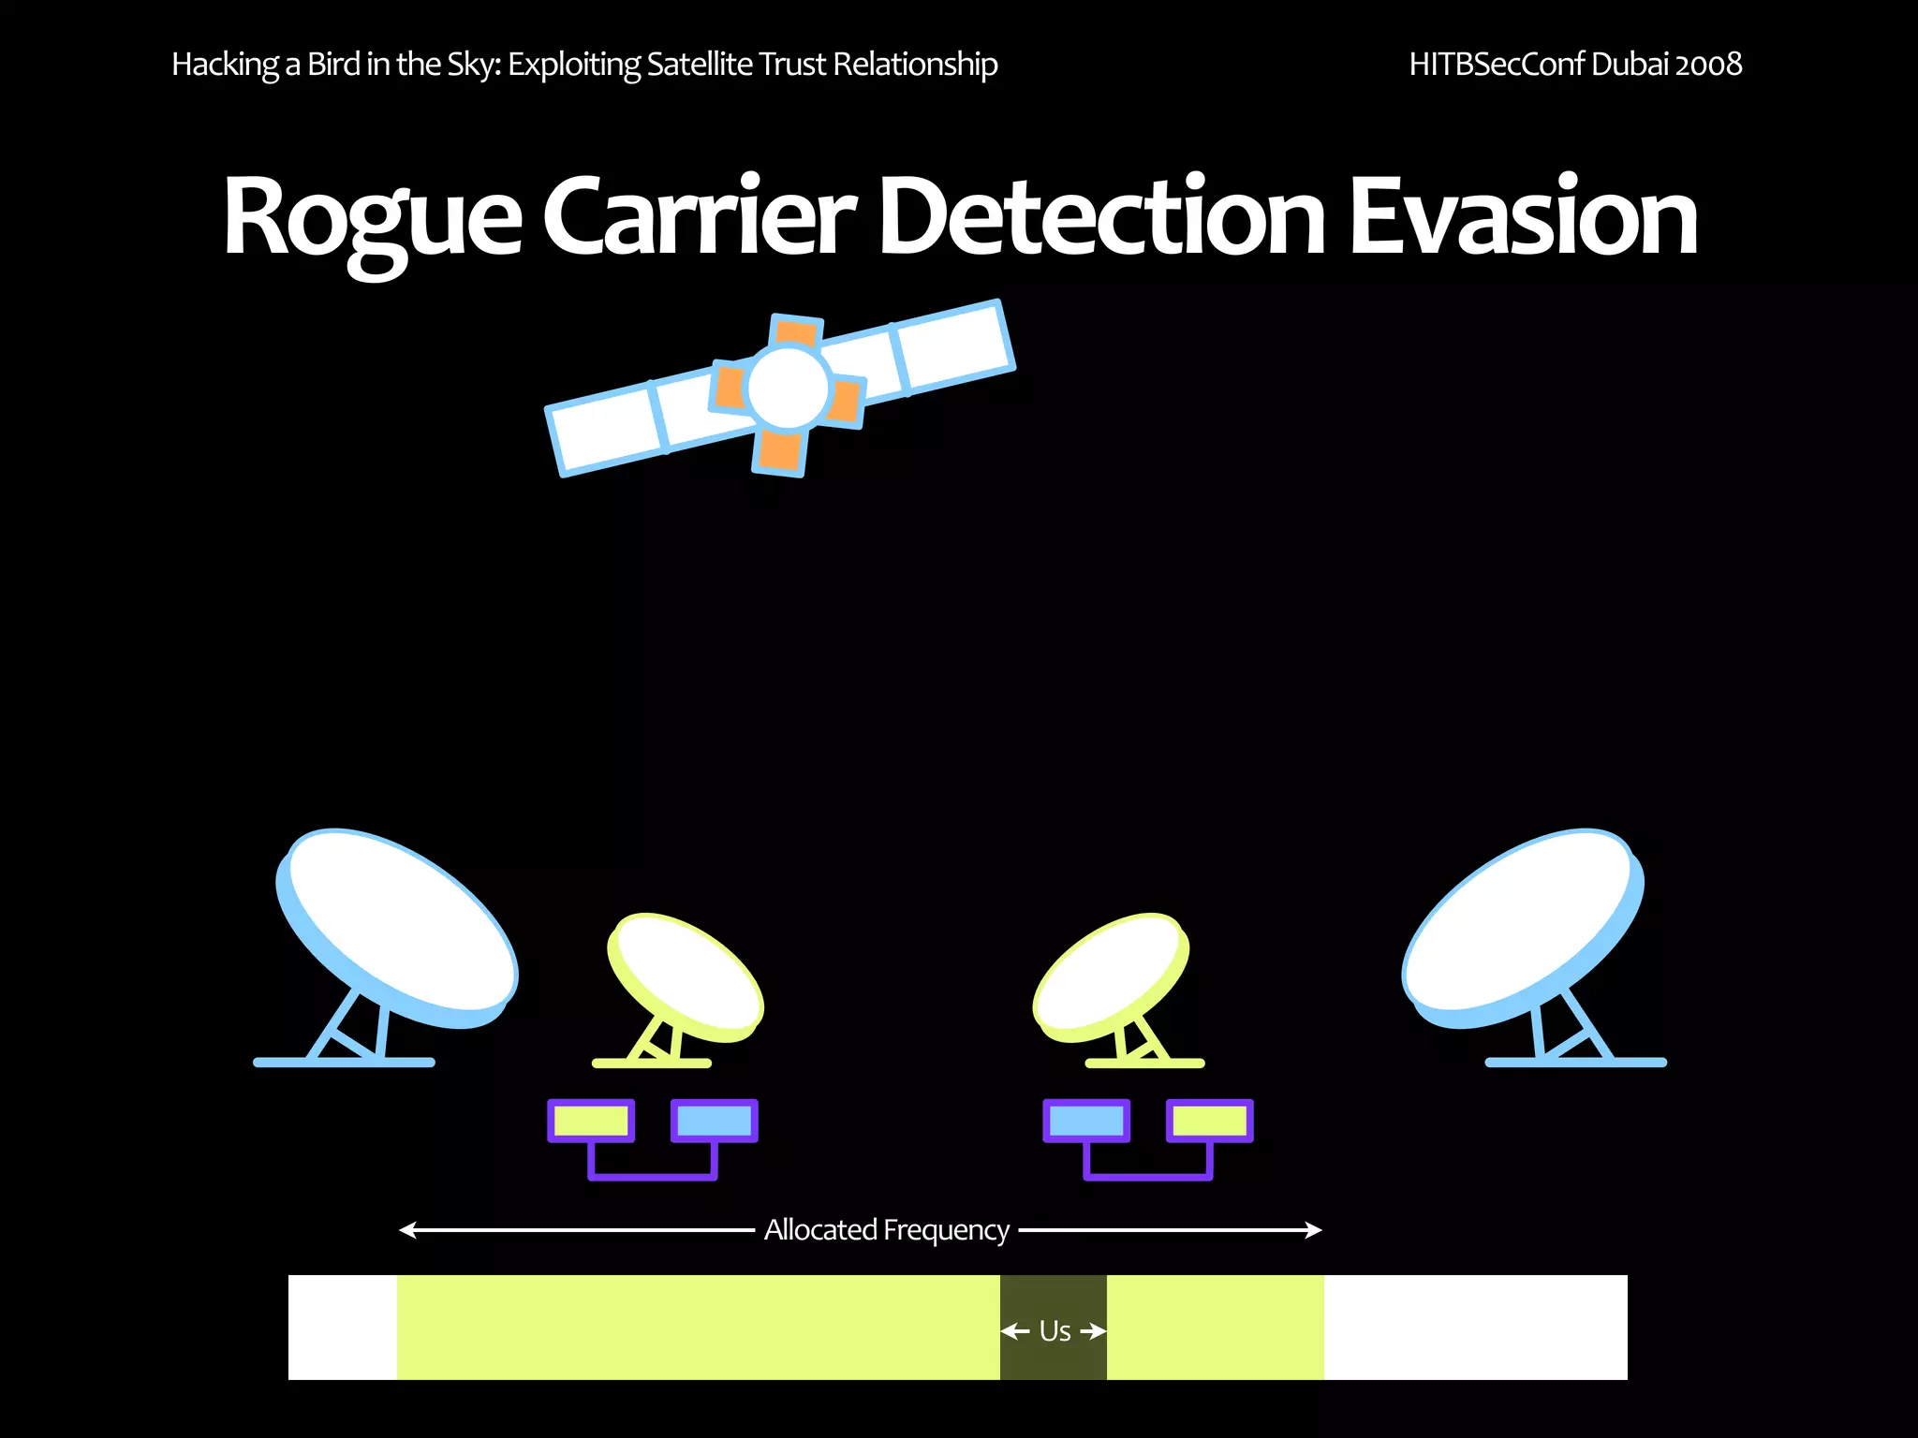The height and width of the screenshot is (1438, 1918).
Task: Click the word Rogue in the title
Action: pyautogui.click(x=372, y=217)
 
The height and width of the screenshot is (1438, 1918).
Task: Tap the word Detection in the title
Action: pyautogui.click(x=1101, y=217)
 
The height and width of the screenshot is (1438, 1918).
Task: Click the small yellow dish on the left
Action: pyautogui.click(x=686, y=976)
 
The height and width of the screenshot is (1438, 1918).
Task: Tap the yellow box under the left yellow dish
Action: pyautogui.click(x=591, y=1121)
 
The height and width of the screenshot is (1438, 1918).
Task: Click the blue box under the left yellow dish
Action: pyautogui.click(x=714, y=1121)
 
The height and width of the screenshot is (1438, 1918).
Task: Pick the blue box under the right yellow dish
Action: pyautogui.click(x=1086, y=1121)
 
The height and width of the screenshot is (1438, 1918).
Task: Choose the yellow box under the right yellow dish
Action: pyautogui.click(x=1209, y=1121)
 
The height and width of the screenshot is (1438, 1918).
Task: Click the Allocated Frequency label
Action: pyautogui.click(x=886, y=1229)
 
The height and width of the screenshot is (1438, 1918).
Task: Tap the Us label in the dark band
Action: pyautogui.click(x=1055, y=1330)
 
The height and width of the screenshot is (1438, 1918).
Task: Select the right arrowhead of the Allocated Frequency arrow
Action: pyautogui.click(x=1315, y=1229)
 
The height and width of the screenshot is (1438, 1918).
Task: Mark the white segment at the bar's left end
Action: pyautogui.click(x=343, y=1327)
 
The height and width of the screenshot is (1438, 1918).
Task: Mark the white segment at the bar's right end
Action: pyautogui.click(x=1475, y=1327)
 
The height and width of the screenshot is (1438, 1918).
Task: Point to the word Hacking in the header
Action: pyautogui.click(x=225, y=64)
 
